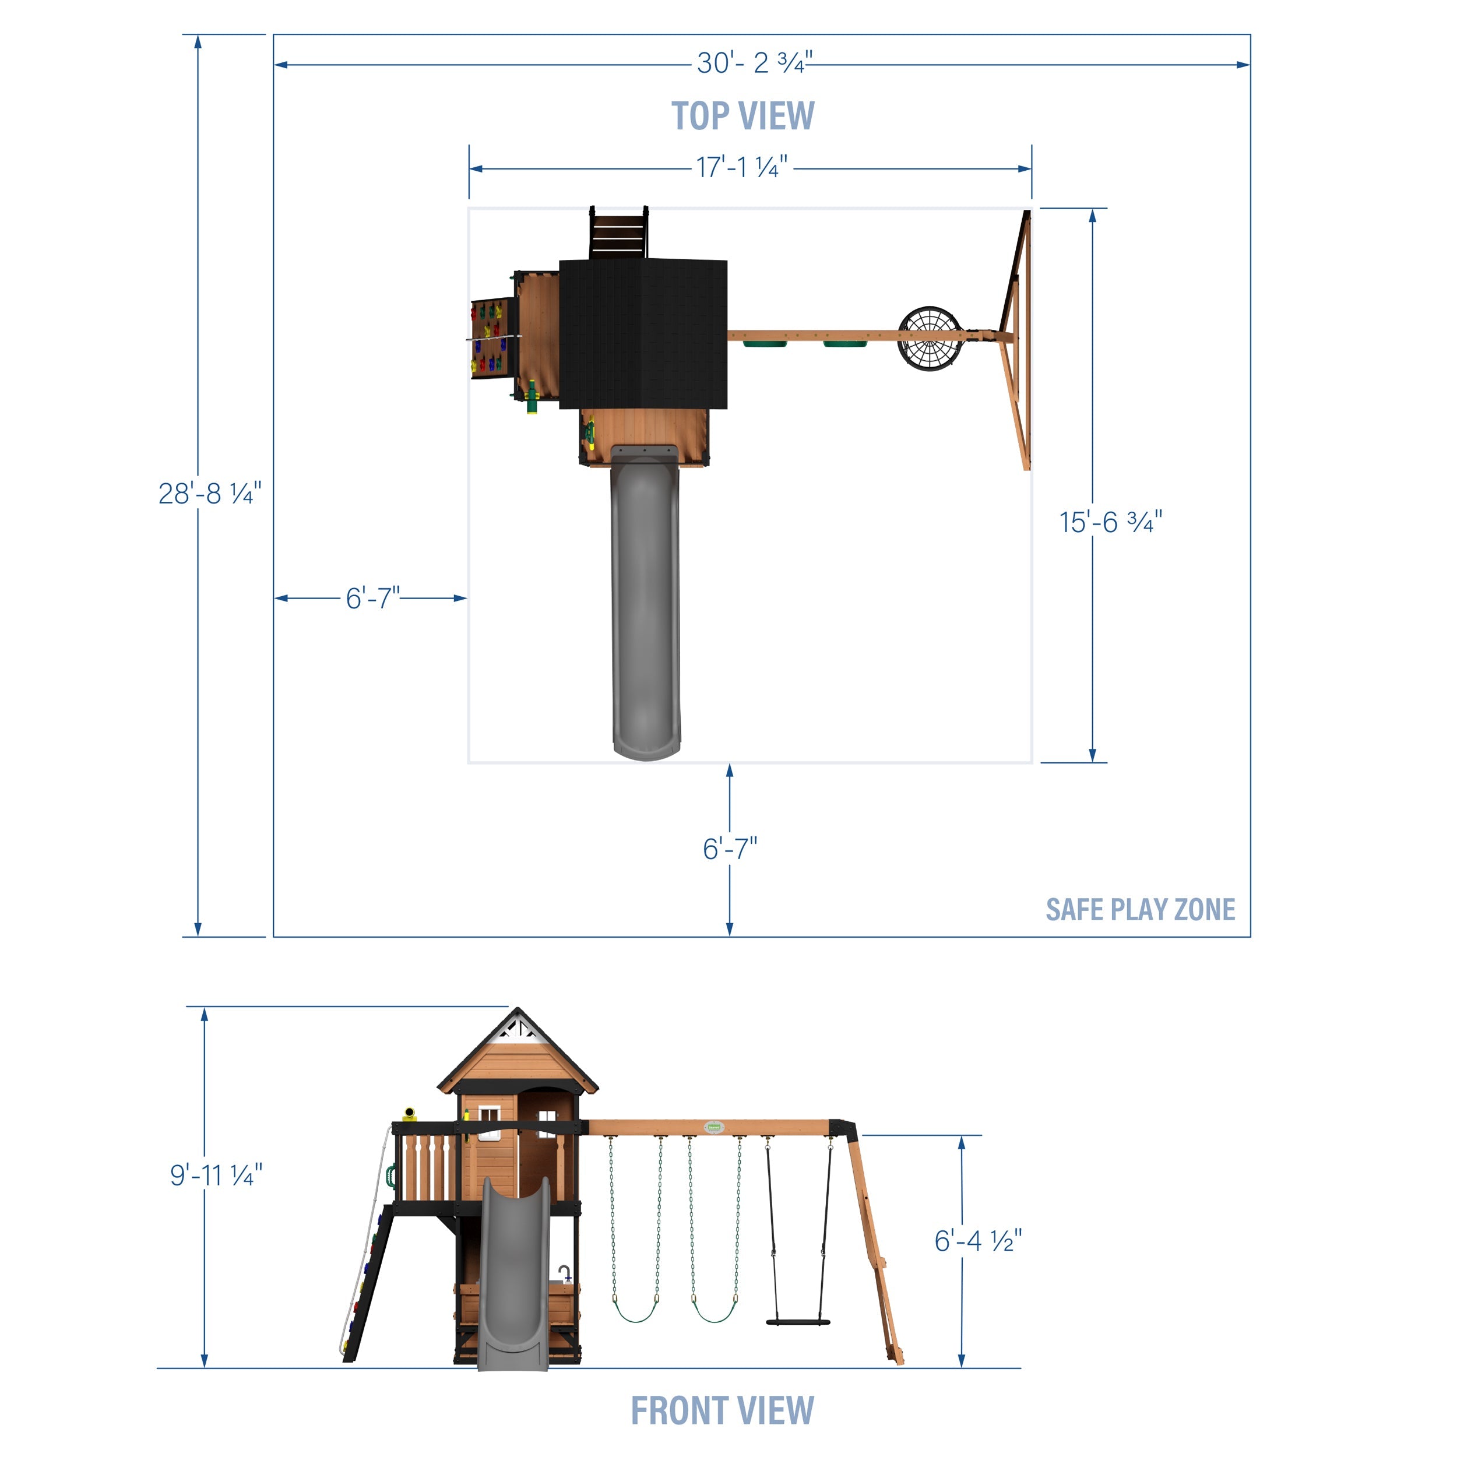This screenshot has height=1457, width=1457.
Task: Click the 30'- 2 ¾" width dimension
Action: point(754,62)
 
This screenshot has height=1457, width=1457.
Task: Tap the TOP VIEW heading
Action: point(743,116)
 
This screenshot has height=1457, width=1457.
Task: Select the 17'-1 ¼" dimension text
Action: point(741,167)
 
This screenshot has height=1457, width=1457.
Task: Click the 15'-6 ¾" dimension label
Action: point(1111,522)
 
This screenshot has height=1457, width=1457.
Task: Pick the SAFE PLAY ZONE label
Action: point(1141,910)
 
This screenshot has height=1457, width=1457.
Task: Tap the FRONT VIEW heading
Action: point(723,1410)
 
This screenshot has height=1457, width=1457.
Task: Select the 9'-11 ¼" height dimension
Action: point(216,1175)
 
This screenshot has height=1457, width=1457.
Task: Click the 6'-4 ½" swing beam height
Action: point(978,1241)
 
